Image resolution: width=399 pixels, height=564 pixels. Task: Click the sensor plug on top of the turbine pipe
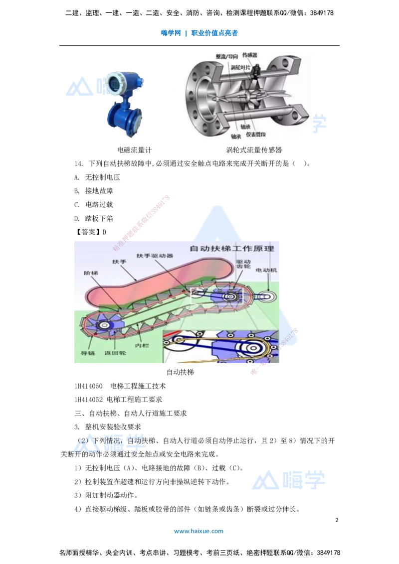click(x=257, y=70)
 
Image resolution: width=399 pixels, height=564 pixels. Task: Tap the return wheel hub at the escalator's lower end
click(x=105, y=325)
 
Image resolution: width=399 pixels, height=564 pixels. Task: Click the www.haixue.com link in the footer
click(x=199, y=531)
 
